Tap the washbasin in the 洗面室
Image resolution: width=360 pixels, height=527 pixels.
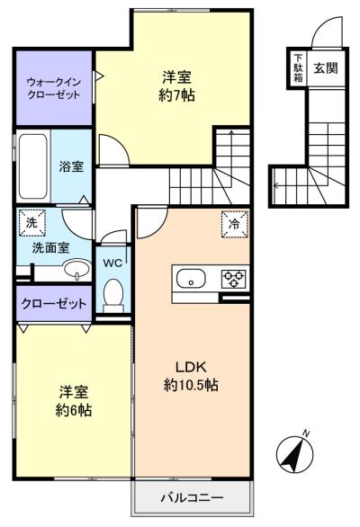tap(77, 269)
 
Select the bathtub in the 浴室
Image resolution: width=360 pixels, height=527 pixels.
tap(32, 166)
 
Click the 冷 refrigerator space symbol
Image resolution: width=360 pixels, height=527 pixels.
tap(235, 224)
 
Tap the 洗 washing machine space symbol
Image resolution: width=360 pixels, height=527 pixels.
tap(32, 222)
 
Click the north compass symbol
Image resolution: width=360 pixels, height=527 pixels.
tap(295, 452)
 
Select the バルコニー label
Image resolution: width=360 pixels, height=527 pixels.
tap(192, 497)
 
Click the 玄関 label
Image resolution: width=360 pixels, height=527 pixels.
tap(326, 68)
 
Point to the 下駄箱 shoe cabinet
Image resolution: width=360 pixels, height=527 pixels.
tap(298, 68)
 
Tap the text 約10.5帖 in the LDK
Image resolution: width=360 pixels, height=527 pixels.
tap(191, 385)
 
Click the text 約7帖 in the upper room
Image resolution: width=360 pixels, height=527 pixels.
tap(176, 96)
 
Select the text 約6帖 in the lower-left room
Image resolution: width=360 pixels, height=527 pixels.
tap(74, 410)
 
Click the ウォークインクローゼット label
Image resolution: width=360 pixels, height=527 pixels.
tap(54, 88)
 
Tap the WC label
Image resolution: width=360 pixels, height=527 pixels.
tap(112, 263)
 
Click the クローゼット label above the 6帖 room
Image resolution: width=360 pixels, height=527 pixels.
tap(54, 304)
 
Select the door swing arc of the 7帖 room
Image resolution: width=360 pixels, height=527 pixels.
tap(120, 142)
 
